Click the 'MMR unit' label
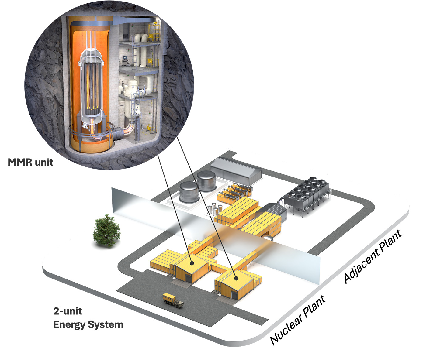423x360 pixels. click(30, 162)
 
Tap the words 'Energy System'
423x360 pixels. click(88, 324)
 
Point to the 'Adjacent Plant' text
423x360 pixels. click(373, 257)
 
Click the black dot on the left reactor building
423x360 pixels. click(192, 263)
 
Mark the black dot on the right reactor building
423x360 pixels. click(236, 277)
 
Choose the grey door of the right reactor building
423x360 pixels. click(234, 295)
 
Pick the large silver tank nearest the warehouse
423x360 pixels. click(206, 181)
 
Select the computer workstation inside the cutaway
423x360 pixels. click(126, 60)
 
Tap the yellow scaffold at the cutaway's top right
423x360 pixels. click(154, 30)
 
